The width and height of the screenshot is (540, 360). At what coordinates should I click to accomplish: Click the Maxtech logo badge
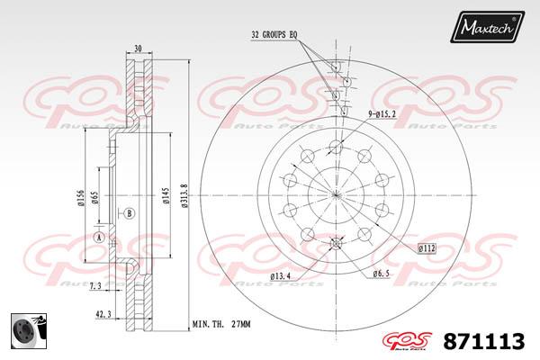487,26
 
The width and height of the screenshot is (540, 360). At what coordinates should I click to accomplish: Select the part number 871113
484,341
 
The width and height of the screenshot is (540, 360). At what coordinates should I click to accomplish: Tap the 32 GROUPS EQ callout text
274,35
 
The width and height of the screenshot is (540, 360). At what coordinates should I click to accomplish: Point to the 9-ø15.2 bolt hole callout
382,114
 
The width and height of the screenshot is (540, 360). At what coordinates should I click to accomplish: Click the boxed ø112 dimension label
427,248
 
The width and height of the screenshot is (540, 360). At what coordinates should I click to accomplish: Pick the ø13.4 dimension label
280,276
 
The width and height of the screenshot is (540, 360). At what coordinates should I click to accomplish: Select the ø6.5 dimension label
381,274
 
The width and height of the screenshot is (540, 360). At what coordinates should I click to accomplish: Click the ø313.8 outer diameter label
184,195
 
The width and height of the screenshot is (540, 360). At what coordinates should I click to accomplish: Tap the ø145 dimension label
166,195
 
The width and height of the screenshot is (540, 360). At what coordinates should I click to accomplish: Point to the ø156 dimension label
81,198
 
